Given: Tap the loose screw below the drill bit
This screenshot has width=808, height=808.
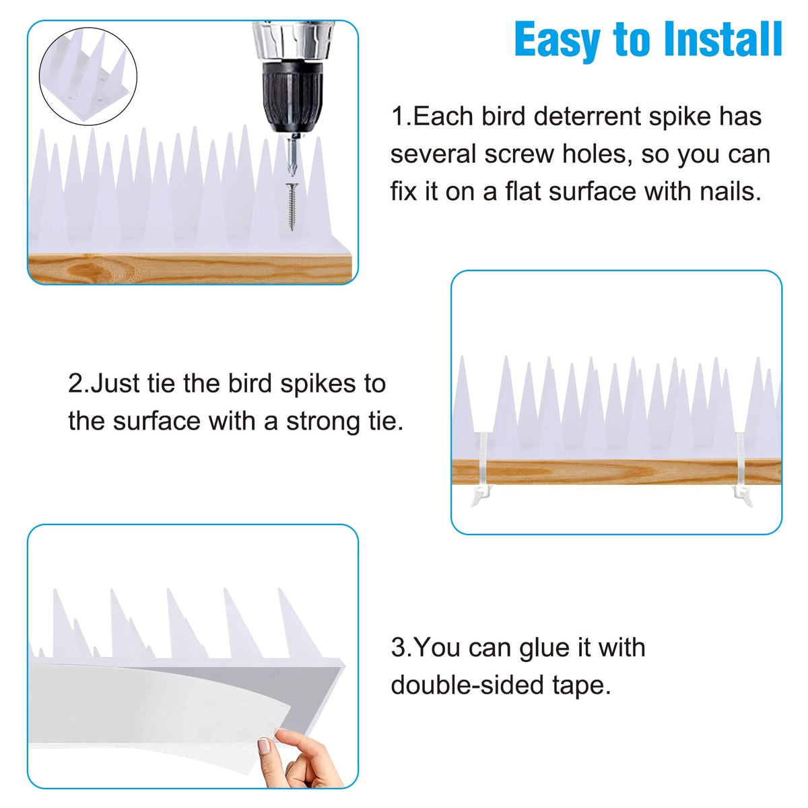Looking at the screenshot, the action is [292, 207].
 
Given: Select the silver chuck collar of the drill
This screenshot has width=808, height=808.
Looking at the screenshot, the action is [292, 40].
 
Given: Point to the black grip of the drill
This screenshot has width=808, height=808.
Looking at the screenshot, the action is [292, 97].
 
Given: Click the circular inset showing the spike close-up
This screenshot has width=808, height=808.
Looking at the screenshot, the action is [88, 76].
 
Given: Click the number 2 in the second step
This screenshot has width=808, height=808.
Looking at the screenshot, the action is [76, 383].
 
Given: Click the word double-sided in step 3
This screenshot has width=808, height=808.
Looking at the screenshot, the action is [466, 685].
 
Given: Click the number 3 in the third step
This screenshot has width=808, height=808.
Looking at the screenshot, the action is [398, 647].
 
